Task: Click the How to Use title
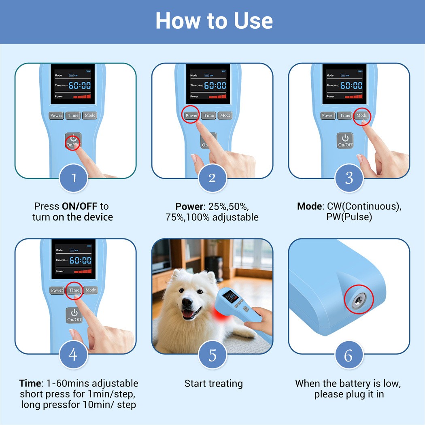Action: [214, 21]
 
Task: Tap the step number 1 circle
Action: [74, 178]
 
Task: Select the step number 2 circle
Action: [212, 178]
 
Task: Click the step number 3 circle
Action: [349, 178]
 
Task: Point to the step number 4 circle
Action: [74, 355]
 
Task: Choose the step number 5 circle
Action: [212, 355]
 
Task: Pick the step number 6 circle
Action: [349, 355]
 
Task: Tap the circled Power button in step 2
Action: [191, 115]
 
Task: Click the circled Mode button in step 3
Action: [361, 115]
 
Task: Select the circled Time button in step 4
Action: [74, 290]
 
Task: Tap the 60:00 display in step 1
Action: [80, 86]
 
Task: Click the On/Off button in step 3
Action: [345, 140]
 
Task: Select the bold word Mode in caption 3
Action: [310, 206]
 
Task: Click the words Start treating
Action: [214, 383]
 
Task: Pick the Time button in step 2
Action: [209, 115]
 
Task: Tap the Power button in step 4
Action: [57, 290]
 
